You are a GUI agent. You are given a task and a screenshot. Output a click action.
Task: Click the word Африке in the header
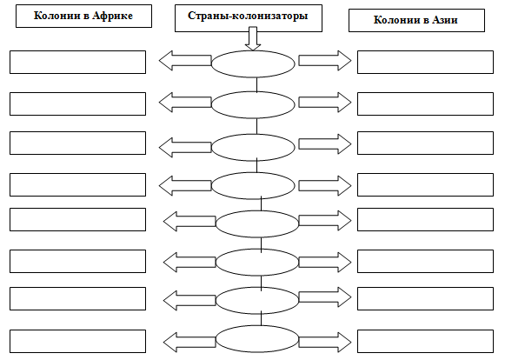point(112,16)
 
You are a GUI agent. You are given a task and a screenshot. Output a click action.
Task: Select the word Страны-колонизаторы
point(248,16)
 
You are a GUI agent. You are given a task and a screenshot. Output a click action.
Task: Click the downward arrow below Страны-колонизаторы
point(253,38)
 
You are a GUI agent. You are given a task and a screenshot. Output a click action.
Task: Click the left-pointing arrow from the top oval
point(185,61)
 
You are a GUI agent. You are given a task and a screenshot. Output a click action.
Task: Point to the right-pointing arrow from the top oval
point(325,61)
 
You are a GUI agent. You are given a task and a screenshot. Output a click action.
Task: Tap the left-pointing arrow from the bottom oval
point(189,343)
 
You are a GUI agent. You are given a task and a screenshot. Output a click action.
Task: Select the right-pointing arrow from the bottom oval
point(325,343)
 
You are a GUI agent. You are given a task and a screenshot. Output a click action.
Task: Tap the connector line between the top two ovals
point(256,84)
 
